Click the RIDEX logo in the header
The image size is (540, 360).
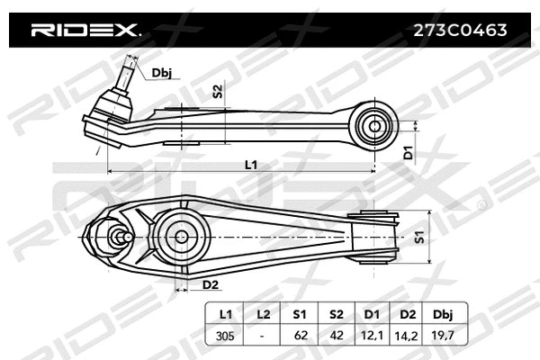(85, 30)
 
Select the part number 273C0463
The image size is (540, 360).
(459, 30)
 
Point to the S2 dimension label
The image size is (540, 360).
(217, 90)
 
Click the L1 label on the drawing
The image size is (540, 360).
(251, 164)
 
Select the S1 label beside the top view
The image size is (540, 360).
(419, 237)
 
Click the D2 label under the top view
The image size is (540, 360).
(210, 285)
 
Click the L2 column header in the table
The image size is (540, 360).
(263, 314)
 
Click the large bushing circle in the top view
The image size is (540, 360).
(179, 236)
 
